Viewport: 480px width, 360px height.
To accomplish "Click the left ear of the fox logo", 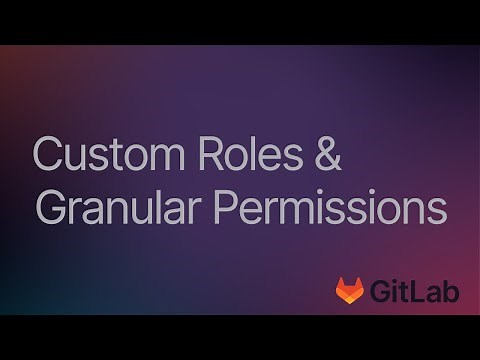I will [x=339, y=282].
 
